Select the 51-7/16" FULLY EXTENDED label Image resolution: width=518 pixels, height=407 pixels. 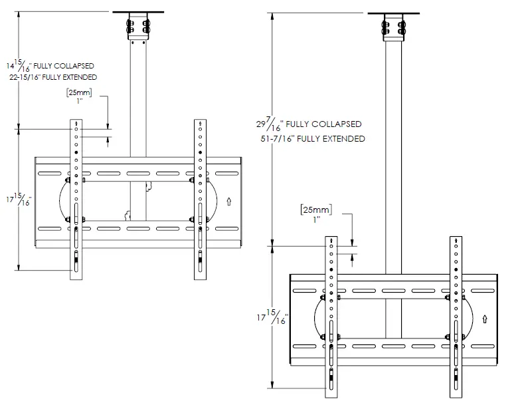point(313,139)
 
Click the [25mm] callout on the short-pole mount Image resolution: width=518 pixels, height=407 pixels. point(79,92)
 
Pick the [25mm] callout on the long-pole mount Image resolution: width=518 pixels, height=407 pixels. point(316,210)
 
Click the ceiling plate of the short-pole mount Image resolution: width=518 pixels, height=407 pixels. point(137,13)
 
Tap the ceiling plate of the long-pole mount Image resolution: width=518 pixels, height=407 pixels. point(393,13)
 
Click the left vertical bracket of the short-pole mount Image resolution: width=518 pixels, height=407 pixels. point(76,200)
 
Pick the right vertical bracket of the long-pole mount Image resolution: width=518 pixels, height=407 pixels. point(456,313)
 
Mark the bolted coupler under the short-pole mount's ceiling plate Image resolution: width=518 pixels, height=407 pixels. point(137,29)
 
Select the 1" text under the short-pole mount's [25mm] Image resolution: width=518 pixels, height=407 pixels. point(79,101)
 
